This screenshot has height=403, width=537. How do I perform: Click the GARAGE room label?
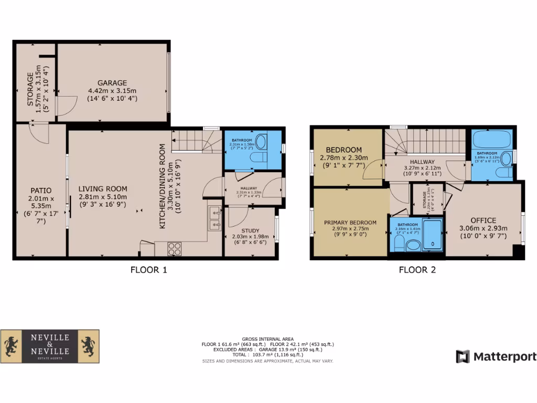point(112,83)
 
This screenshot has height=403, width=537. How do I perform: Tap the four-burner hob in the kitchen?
point(174,249)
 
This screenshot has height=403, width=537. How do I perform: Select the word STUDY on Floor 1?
point(250,230)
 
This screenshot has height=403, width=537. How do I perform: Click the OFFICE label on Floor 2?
point(483,220)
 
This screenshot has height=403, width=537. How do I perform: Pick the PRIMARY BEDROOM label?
point(350,222)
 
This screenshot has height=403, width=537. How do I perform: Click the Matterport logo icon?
point(463,357)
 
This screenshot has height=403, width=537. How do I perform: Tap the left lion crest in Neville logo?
point(12,346)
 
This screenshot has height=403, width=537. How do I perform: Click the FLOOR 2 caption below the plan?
point(417,270)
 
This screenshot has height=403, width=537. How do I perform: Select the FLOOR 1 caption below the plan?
point(148,270)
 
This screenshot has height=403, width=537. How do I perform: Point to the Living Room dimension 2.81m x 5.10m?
point(103,197)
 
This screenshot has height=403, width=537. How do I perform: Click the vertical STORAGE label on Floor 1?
point(30,89)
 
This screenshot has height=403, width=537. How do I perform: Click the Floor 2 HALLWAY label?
point(422,162)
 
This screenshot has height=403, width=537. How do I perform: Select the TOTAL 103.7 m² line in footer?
point(267,355)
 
